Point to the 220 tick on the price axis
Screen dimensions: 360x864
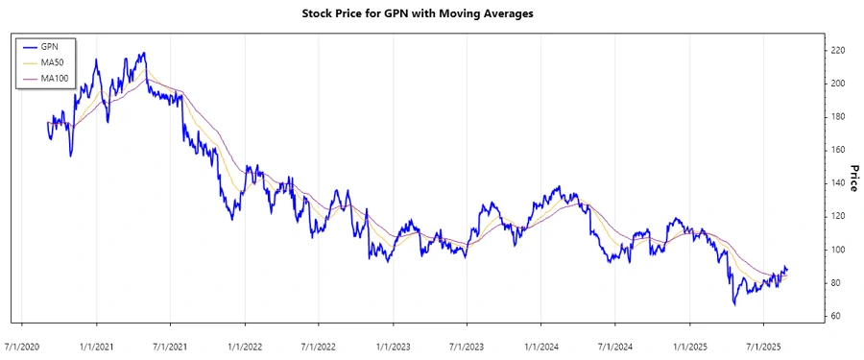(x=838, y=50)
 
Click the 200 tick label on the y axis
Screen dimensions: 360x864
(x=838, y=84)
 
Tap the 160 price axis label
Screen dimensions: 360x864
(x=838, y=150)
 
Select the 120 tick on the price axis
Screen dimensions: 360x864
(x=838, y=216)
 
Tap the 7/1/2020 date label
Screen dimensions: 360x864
(x=22, y=344)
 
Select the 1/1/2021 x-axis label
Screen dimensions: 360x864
(x=97, y=344)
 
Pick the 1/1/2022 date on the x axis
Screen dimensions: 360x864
(x=245, y=344)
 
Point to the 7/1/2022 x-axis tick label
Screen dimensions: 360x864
(x=319, y=344)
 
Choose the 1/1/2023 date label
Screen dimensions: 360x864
(x=393, y=344)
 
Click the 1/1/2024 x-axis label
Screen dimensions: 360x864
(x=541, y=344)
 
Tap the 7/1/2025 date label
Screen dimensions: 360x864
(x=763, y=344)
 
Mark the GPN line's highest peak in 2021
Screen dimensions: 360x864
(x=144, y=53)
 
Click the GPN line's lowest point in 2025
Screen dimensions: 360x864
(x=734, y=304)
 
